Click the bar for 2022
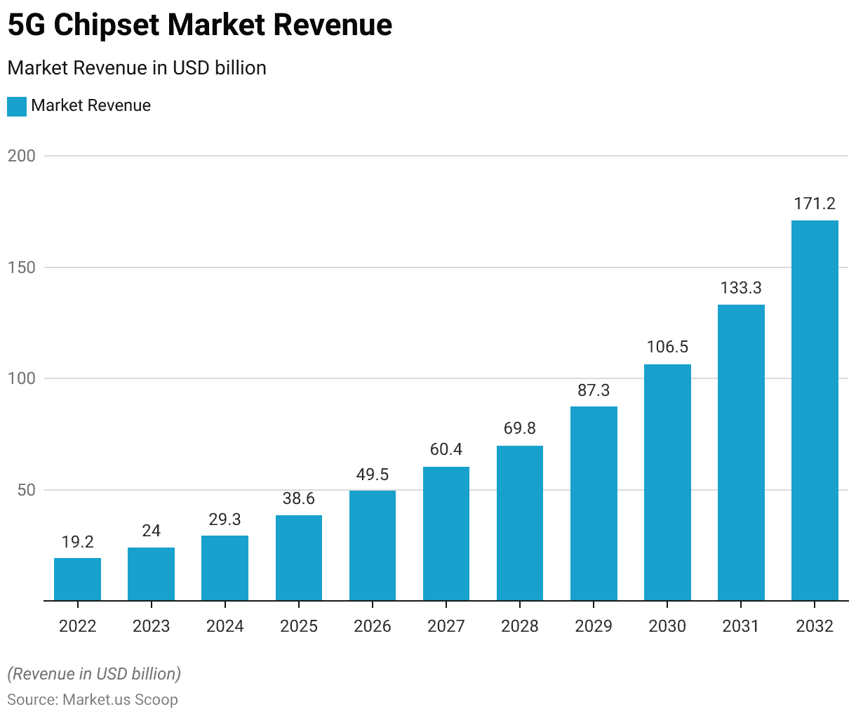(x=77, y=579)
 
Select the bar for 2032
(x=815, y=411)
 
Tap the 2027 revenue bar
(x=446, y=533)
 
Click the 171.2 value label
(x=815, y=204)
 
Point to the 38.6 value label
(x=299, y=498)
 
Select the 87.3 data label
(x=594, y=390)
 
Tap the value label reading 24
(x=152, y=531)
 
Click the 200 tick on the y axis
(x=22, y=156)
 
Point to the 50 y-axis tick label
(x=27, y=490)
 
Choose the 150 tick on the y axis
(x=22, y=267)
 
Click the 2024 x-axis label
(x=225, y=626)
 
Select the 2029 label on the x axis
(x=594, y=626)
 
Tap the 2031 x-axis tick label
(x=741, y=626)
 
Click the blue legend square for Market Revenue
(x=17, y=106)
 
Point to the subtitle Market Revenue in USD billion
(x=137, y=68)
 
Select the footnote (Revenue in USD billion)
(x=94, y=674)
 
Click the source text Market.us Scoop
(x=120, y=700)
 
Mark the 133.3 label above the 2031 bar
(x=741, y=288)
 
